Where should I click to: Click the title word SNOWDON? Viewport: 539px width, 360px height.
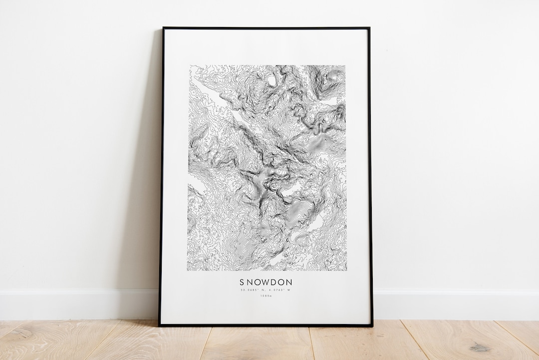[266, 283]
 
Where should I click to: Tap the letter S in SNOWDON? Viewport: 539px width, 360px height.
[242, 283]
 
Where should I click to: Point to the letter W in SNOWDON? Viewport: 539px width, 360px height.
[266, 283]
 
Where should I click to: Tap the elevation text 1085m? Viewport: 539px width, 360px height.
[266, 296]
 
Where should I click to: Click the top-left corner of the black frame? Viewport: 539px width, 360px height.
[163, 28]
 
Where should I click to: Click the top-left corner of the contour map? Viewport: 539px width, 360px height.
[189, 65]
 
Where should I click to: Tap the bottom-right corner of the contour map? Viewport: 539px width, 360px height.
[346, 271]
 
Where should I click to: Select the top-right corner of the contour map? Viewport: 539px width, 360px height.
[346, 65]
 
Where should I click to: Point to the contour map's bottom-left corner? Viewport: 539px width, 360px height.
[188, 271]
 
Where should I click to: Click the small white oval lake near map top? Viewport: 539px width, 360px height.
[271, 79]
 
